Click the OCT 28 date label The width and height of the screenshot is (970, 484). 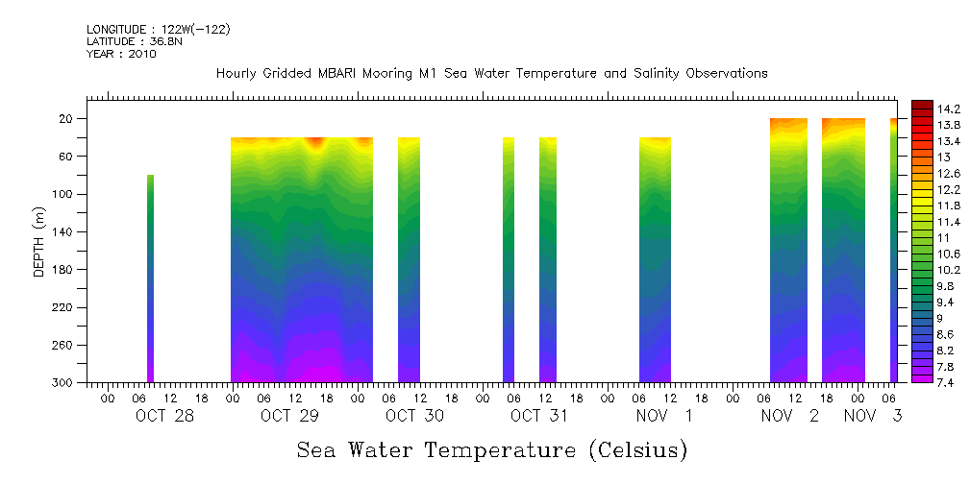click(165, 416)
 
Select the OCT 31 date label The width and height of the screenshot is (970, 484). click(539, 416)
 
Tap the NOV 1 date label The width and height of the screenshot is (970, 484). click(664, 416)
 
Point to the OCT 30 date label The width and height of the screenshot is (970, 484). click(414, 416)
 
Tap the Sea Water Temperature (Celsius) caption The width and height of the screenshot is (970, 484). click(491, 449)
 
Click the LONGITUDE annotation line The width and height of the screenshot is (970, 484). click(158, 30)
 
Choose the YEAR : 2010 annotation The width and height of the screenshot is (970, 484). click(121, 55)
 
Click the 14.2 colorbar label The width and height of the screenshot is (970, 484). click(950, 109)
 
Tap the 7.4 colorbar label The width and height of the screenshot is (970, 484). click(946, 381)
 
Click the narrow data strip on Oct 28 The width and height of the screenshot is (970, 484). click(150, 278)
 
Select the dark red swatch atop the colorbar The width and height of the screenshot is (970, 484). click(921, 105)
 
